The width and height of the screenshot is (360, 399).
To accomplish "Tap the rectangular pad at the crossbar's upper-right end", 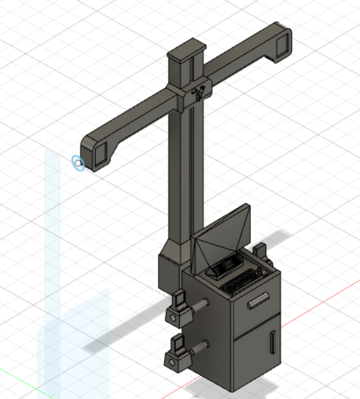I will click(x=281, y=44).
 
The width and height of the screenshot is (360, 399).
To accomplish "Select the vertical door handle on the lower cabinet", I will click(x=273, y=342).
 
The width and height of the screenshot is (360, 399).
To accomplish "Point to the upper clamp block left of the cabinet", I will click(x=179, y=307).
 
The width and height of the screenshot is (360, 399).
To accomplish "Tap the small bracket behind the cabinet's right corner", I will click(x=261, y=250).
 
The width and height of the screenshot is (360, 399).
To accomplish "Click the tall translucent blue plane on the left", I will click(x=53, y=250).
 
